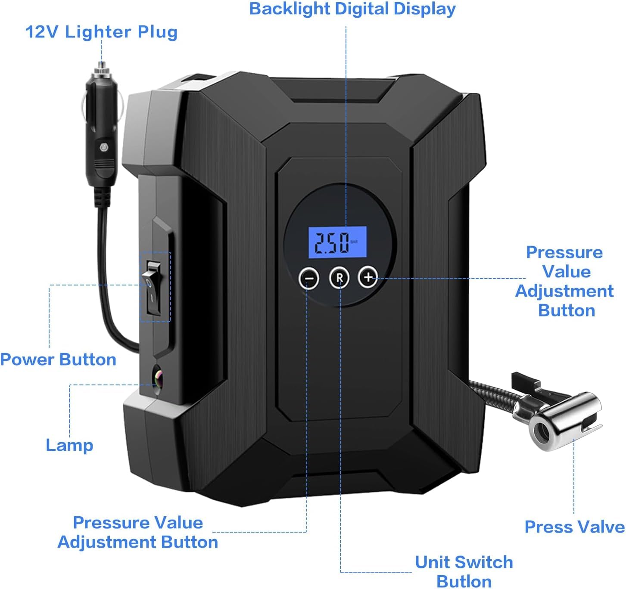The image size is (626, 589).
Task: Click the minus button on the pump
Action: (309, 278)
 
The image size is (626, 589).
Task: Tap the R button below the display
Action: (339, 278)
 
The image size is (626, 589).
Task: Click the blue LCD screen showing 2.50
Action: (337, 242)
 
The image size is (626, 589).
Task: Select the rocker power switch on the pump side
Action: (153, 287)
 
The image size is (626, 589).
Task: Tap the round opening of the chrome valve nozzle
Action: (541, 430)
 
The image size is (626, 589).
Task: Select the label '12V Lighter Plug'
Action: (101, 32)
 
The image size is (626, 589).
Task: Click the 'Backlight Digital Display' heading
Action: (352, 9)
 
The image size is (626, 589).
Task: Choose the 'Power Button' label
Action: (58, 360)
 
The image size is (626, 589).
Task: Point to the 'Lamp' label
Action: (69, 445)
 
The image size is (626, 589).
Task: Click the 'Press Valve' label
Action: (574, 527)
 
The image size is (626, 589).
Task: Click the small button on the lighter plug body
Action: (104, 147)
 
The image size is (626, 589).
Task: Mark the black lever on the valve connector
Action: (526, 381)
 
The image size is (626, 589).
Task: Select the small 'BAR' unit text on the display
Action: (354, 242)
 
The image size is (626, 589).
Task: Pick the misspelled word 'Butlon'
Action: (464, 581)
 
